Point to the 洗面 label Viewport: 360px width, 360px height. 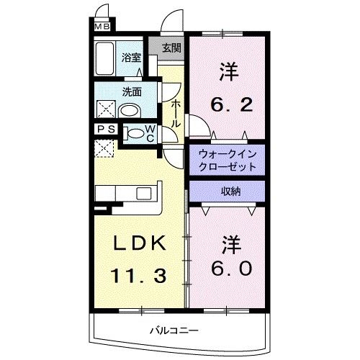[x=131, y=92]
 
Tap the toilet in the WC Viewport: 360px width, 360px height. [x=135, y=134]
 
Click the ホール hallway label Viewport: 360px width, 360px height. [x=176, y=112]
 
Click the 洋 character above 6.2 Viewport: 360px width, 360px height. [x=228, y=72]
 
